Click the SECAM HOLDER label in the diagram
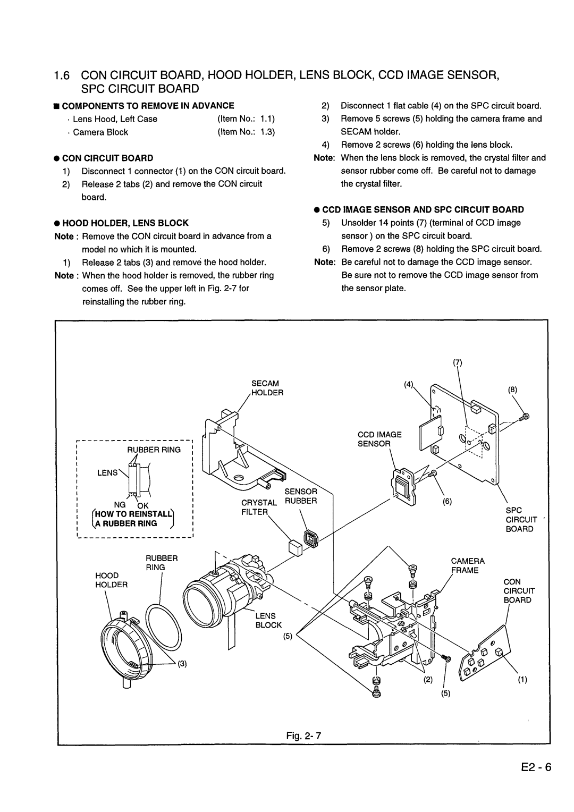point(267,388)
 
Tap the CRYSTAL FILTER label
point(259,507)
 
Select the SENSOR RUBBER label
point(301,496)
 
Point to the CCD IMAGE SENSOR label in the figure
point(379,439)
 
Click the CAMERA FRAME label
point(468,565)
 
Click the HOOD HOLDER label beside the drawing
point(111,580)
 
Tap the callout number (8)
point(512,390)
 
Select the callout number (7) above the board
point(457,362)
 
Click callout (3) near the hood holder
point(182,664)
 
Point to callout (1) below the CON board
point(522,680)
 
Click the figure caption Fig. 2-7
point(303,735)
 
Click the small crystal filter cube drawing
point(295,547)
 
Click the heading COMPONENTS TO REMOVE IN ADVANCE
point(148,106)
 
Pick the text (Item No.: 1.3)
point(246,132)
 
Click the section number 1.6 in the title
point(62,75)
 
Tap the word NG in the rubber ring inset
point(120,505)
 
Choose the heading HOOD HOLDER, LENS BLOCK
point(125,223)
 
